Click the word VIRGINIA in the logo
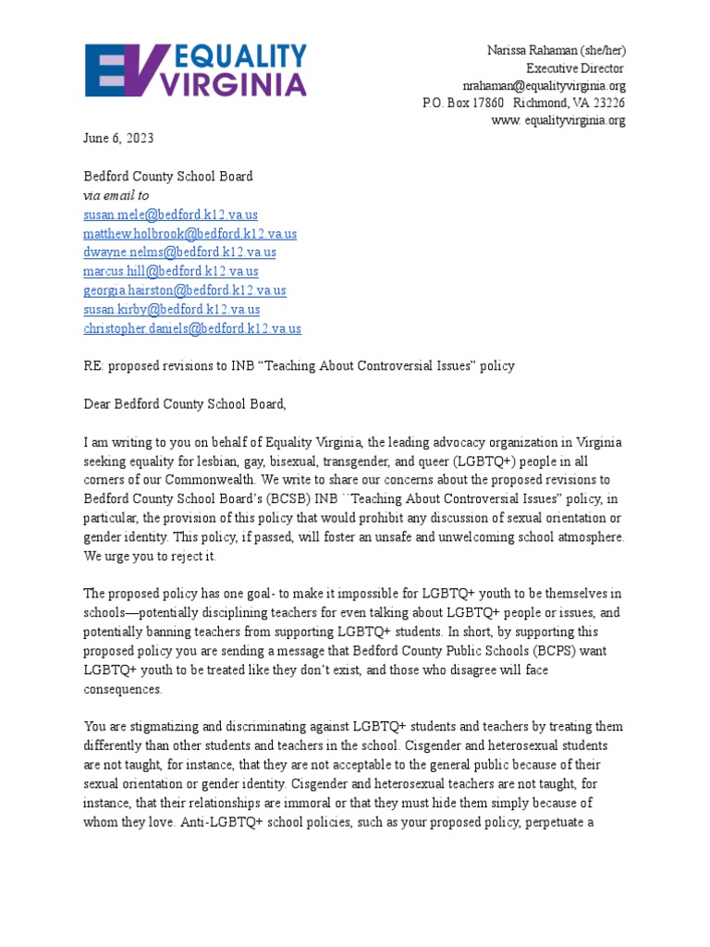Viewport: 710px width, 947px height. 233,85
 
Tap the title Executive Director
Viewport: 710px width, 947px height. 575,68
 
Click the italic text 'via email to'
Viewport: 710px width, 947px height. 116,196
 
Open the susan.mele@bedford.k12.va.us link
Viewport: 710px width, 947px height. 171,215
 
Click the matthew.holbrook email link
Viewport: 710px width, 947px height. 190,234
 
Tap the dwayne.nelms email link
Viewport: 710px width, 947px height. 179,252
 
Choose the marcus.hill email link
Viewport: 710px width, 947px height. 171,272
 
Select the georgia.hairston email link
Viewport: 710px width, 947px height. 185,290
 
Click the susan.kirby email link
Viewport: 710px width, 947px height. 172,310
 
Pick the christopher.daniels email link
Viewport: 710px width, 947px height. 192,328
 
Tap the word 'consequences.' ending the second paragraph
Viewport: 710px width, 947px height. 123,690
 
